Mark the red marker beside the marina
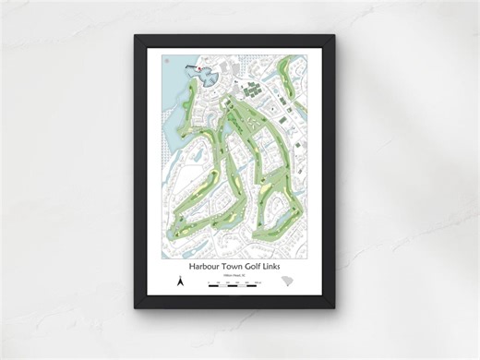click(196, 67)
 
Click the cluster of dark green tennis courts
click(252, 91)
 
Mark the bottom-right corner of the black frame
click(335, 307)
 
